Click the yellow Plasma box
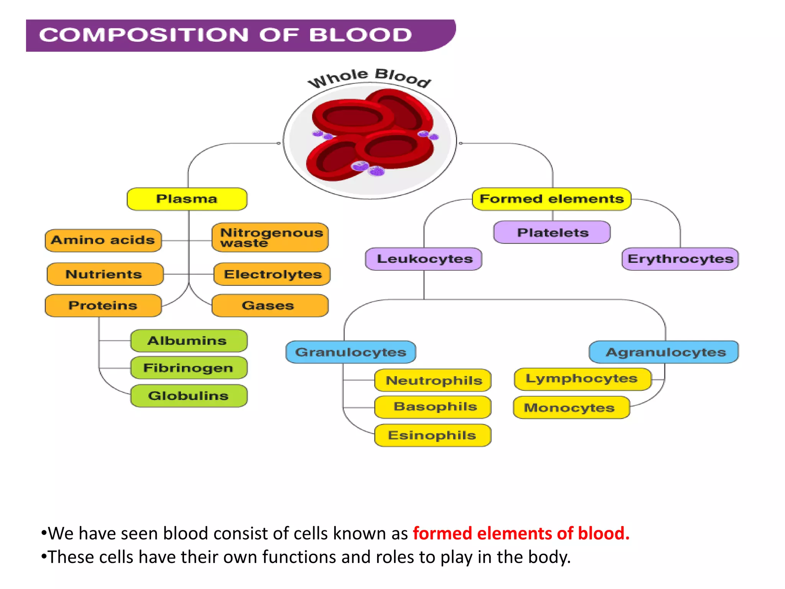click(187, 199)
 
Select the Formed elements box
click(552, 199)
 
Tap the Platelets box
click(552, 232)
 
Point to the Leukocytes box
click(424, 259)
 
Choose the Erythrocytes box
click(680, 259)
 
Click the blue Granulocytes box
click(351, 352)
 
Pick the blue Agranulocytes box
click(664, 352)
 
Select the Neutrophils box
click(433, 380)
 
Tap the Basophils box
click(433, 407)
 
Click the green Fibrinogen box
click(189, 368)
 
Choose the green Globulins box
click(189, 396)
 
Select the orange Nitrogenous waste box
click(270, 237)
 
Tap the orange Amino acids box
click(103, 240)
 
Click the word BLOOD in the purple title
click(360, 35)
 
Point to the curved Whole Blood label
click(370, 77)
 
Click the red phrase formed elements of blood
click(521, 533)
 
